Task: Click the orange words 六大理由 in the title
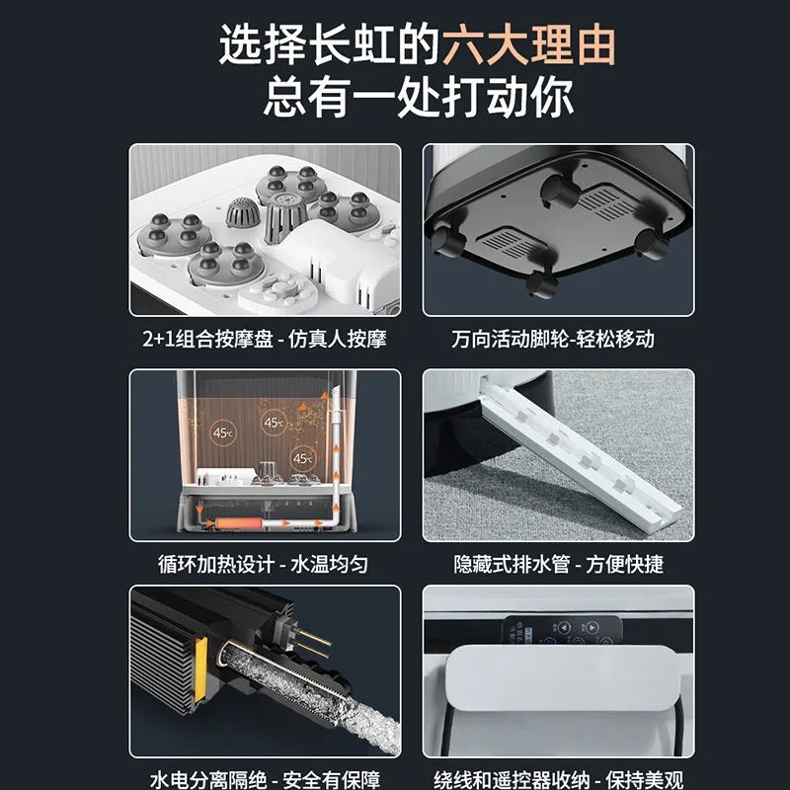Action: (x=529, y=45)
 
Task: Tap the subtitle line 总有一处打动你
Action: (x=418, y=97)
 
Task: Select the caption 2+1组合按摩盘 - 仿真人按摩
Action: (x=265, y=339)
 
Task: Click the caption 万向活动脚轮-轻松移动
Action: (x=553, y=339)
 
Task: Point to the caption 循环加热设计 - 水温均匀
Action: (x=263, y=564)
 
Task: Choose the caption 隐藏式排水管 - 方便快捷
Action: (x=558, y=564)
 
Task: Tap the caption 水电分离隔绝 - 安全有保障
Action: (x=265, y=780)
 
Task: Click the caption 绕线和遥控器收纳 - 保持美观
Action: (x=558, y=780)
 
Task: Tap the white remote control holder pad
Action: (x=561, y=677)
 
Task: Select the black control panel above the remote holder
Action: (x=562, y=630)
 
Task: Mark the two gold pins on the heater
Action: (x=311, y=643)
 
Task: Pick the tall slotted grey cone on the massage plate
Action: (x=285, y=216)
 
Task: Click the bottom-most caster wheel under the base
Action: (x=541, y=283)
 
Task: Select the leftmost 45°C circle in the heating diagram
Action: (x=223, y=433)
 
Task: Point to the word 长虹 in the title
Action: (x=352, y=45)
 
